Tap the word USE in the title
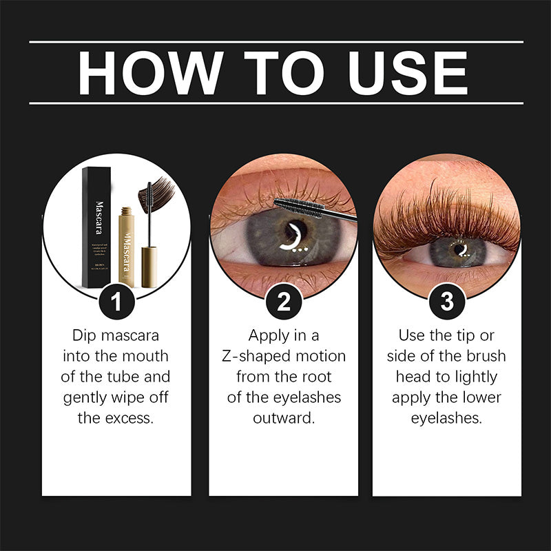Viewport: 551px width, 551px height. pos(404,72)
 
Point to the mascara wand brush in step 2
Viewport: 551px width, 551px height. pos(303,207)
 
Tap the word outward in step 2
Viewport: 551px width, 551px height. pos(283,418)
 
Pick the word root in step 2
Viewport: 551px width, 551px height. pos(317,377)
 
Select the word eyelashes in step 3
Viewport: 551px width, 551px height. pos(446,418)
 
